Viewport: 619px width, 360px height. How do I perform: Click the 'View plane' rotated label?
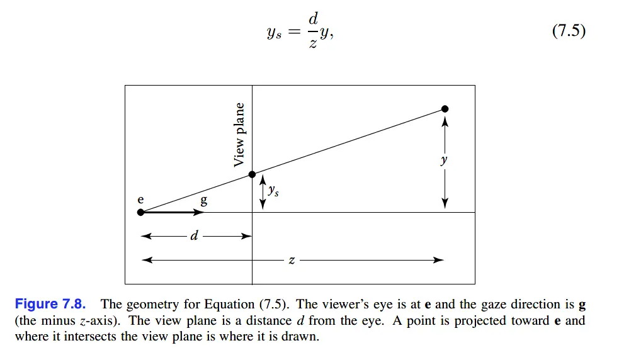239,135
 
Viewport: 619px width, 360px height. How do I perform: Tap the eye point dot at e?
140,212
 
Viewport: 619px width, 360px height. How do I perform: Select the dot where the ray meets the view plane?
252,174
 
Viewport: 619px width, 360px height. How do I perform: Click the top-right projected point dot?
445,109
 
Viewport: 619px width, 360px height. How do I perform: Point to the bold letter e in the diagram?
140,200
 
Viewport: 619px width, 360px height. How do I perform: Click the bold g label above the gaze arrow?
203,201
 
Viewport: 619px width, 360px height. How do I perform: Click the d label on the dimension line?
194,236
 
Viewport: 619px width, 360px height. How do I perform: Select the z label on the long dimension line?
292,260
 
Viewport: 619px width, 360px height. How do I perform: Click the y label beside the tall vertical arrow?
445,160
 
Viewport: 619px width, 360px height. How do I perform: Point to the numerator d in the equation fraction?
312,20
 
